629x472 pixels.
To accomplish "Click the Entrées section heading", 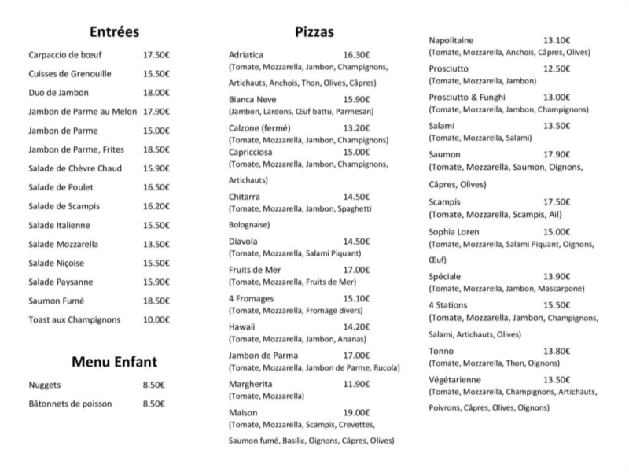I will [x=114, y=32].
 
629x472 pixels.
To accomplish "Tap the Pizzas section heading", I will [x=314, y=32].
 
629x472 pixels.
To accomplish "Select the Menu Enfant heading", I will [x=115, y=362].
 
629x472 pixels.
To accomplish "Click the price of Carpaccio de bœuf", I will [x=156, y=55].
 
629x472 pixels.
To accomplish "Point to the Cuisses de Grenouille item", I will [x=69, y=74].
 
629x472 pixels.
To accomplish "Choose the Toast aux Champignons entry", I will [x=75, y=319].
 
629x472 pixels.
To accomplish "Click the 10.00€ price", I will [x=156, y=319].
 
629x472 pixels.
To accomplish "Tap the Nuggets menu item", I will [x=44, y=385].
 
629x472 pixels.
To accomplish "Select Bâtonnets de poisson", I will [x=70, y=404].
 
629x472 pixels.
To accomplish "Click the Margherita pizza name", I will [x=250, y=384].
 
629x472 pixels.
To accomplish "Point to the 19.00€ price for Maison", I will [x=356, y=412].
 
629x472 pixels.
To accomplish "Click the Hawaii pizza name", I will [x=241, y=326].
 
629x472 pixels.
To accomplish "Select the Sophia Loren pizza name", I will [x=454, y=232].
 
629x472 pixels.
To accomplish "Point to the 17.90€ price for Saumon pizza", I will [x=557, y=154].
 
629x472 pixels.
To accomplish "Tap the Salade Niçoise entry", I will [x=56, y=263].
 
